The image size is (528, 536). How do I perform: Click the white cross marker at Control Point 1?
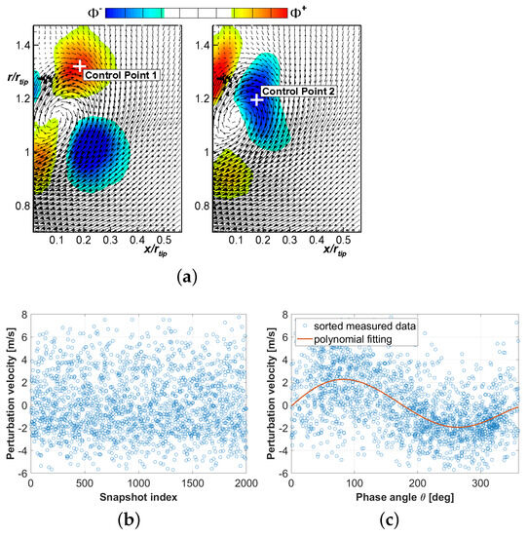tap(80, 66)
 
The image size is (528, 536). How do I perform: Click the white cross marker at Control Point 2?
tap(257, 99)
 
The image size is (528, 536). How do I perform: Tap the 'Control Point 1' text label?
tap(121, 75)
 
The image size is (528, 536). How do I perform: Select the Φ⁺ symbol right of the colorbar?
tap(331, 13)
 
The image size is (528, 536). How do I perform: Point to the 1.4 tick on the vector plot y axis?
tap(20, 46)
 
